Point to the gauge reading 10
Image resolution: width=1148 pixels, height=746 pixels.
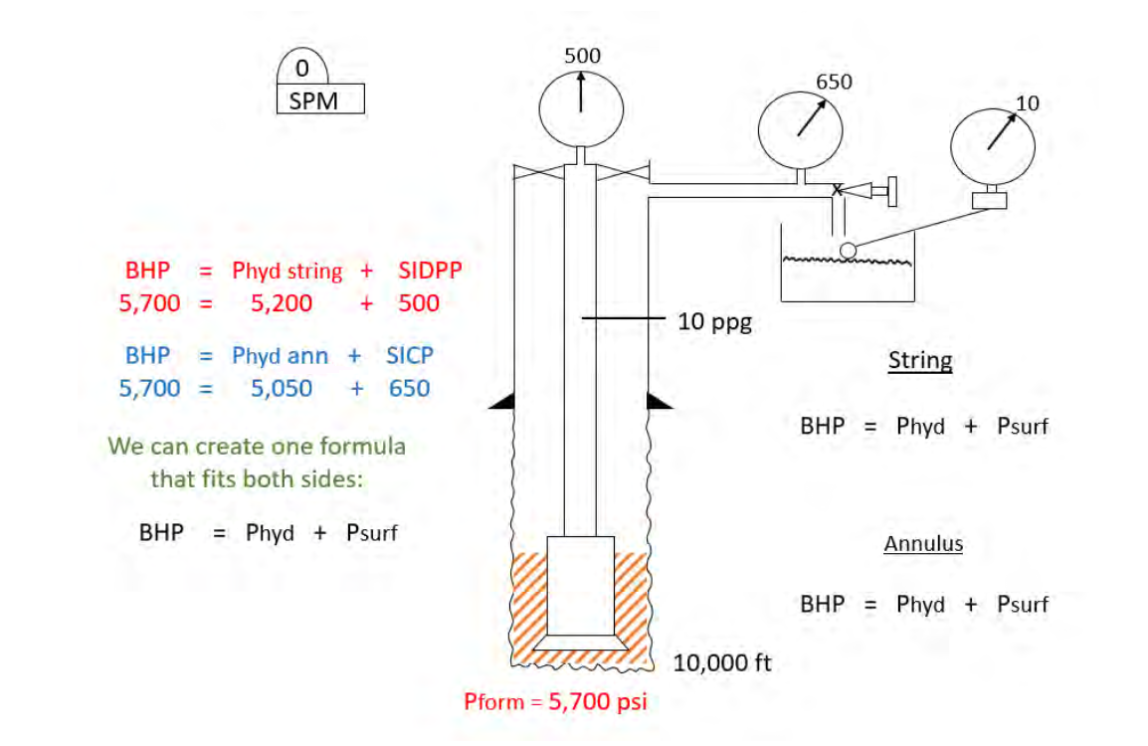992,143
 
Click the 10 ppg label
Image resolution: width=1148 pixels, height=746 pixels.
715,322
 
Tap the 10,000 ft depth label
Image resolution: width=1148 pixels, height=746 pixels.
722,662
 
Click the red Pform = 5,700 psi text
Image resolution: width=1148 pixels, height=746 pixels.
555,701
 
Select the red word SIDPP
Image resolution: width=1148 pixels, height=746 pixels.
430,271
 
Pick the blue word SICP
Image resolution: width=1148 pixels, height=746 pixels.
410,355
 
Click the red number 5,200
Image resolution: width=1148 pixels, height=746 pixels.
282,303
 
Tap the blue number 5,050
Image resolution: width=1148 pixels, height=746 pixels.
282,388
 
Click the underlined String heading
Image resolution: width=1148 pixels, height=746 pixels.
919,360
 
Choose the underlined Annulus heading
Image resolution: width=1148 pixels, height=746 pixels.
923,544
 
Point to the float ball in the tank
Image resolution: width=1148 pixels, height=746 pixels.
847,250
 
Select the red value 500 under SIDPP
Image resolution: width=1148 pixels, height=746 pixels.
419,303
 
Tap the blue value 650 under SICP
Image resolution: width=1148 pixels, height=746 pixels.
409,388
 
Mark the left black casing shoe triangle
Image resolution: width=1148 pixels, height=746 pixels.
501,401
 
